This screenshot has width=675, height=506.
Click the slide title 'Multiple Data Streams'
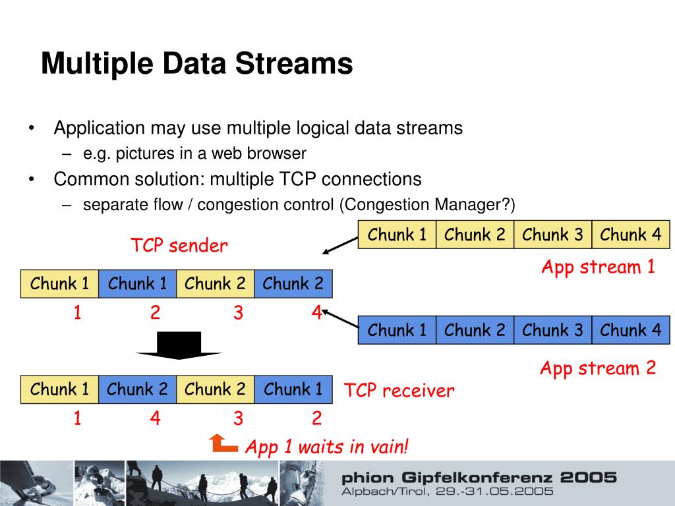click(x=196, y=65)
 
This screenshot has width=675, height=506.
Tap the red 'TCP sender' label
click(x=179, y=246)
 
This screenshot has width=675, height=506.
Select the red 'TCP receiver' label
click(x=399, y=391)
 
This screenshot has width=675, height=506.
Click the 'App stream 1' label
click(x=598, y=267)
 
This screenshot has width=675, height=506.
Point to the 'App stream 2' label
click(x=598, y=368)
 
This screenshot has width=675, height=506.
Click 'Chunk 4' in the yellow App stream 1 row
click(x=631, y=235)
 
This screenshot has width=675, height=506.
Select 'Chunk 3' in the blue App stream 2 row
click(x=552, y=330)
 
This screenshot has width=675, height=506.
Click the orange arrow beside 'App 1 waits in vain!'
click(x=223, y=444)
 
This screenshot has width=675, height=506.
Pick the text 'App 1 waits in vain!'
click(x=327, y=447)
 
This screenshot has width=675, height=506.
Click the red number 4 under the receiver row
click(x=155, y=418)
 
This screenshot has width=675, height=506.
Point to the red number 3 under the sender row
click(x=238, y=314)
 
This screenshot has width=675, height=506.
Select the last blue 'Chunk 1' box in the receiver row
click(x=293, y=389)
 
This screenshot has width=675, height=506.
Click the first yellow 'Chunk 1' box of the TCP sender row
click(x=59, y=284)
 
